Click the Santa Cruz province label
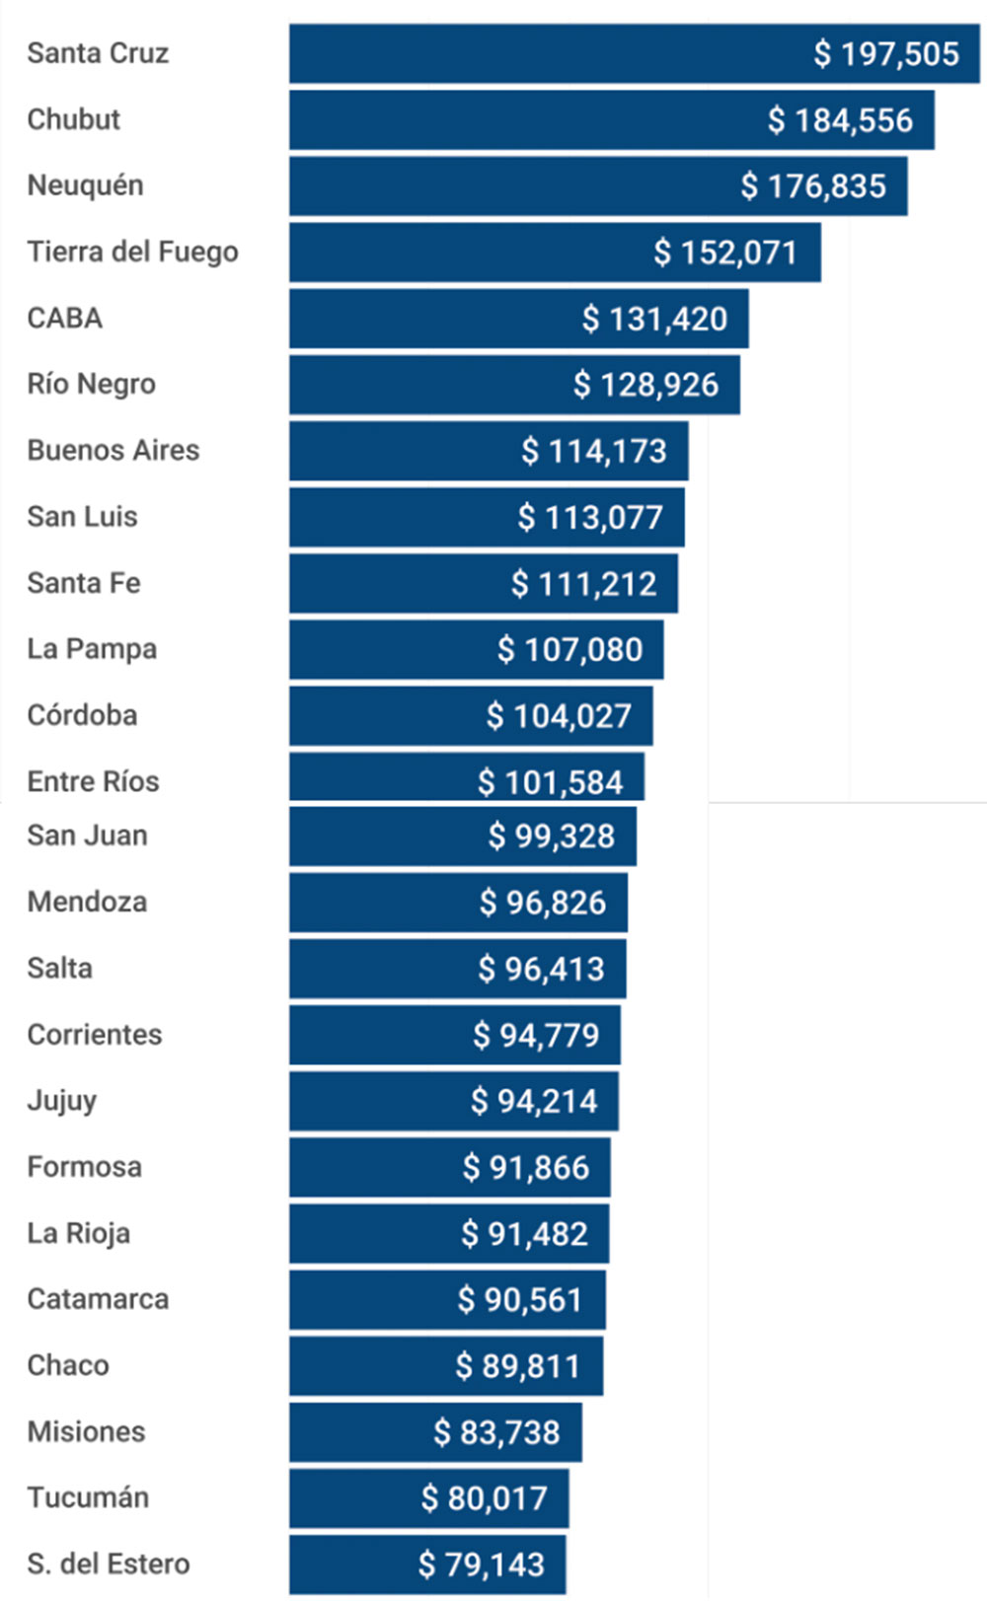pyautogui.click(x=98, y=53)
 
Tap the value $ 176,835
pyautogui.click(x=813, y=186)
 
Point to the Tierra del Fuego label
pyautogui.click(x=132, y=253)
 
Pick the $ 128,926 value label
pyautogui.click(x=645, y=385)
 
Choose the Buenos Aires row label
pyautogui.click(x=113, y=451)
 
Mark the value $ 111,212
pyautogui.click(x=583, y=584)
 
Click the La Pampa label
pyautogui.click(x=92, y=649)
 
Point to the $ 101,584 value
pyautogui.click(x=550, y=782)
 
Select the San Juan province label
pyautogui.click(x=87, y=836)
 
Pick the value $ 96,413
pyautogui.click(x=541, y=969)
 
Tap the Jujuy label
pyautogui.click(x=61, y=1101)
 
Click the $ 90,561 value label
pyautogui.click(x=519, y=1300)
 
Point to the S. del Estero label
pyautogui.click(x=108, y=1565)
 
